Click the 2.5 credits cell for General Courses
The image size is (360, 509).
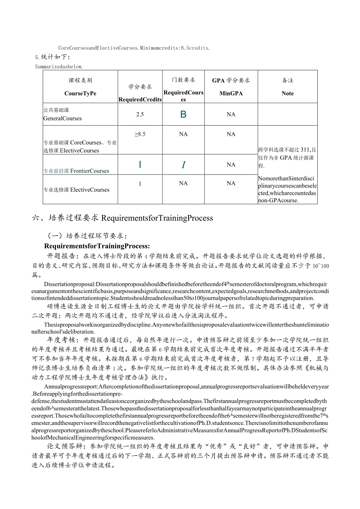[x=140, y=115]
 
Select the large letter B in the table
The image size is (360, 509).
[x=183, y=114]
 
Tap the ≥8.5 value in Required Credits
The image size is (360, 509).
[x=140, y=134]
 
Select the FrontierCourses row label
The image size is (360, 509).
[x=76, y=171]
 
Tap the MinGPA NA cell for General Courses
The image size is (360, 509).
[x=231, y=115]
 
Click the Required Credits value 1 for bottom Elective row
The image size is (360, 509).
[x=140, y=184]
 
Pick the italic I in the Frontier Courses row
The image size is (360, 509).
[x=183, y=165]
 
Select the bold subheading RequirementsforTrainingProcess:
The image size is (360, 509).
[x=97, y=246]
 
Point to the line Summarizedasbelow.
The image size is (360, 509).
[x=59, y=66]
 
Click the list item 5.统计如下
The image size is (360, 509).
[x=53, y=58]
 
